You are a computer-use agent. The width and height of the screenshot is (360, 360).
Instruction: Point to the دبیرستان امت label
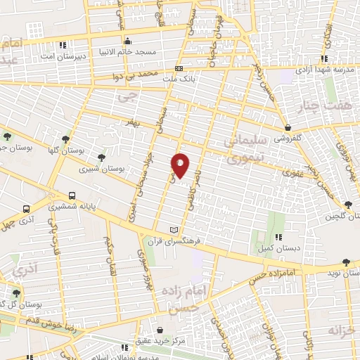pos(63,56)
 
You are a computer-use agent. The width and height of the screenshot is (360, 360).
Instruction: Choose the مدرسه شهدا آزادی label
pos(323,70)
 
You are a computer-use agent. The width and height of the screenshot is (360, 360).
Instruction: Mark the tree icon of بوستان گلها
pos(65,139)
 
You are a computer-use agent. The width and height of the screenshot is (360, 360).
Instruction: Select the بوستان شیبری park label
pos(98,169)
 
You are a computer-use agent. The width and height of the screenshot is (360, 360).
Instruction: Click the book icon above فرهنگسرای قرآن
pos(174,229)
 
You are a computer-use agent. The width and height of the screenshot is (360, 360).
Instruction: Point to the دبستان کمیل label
pos(278,249)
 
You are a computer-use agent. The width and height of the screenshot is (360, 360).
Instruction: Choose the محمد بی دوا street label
pos(146,73)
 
